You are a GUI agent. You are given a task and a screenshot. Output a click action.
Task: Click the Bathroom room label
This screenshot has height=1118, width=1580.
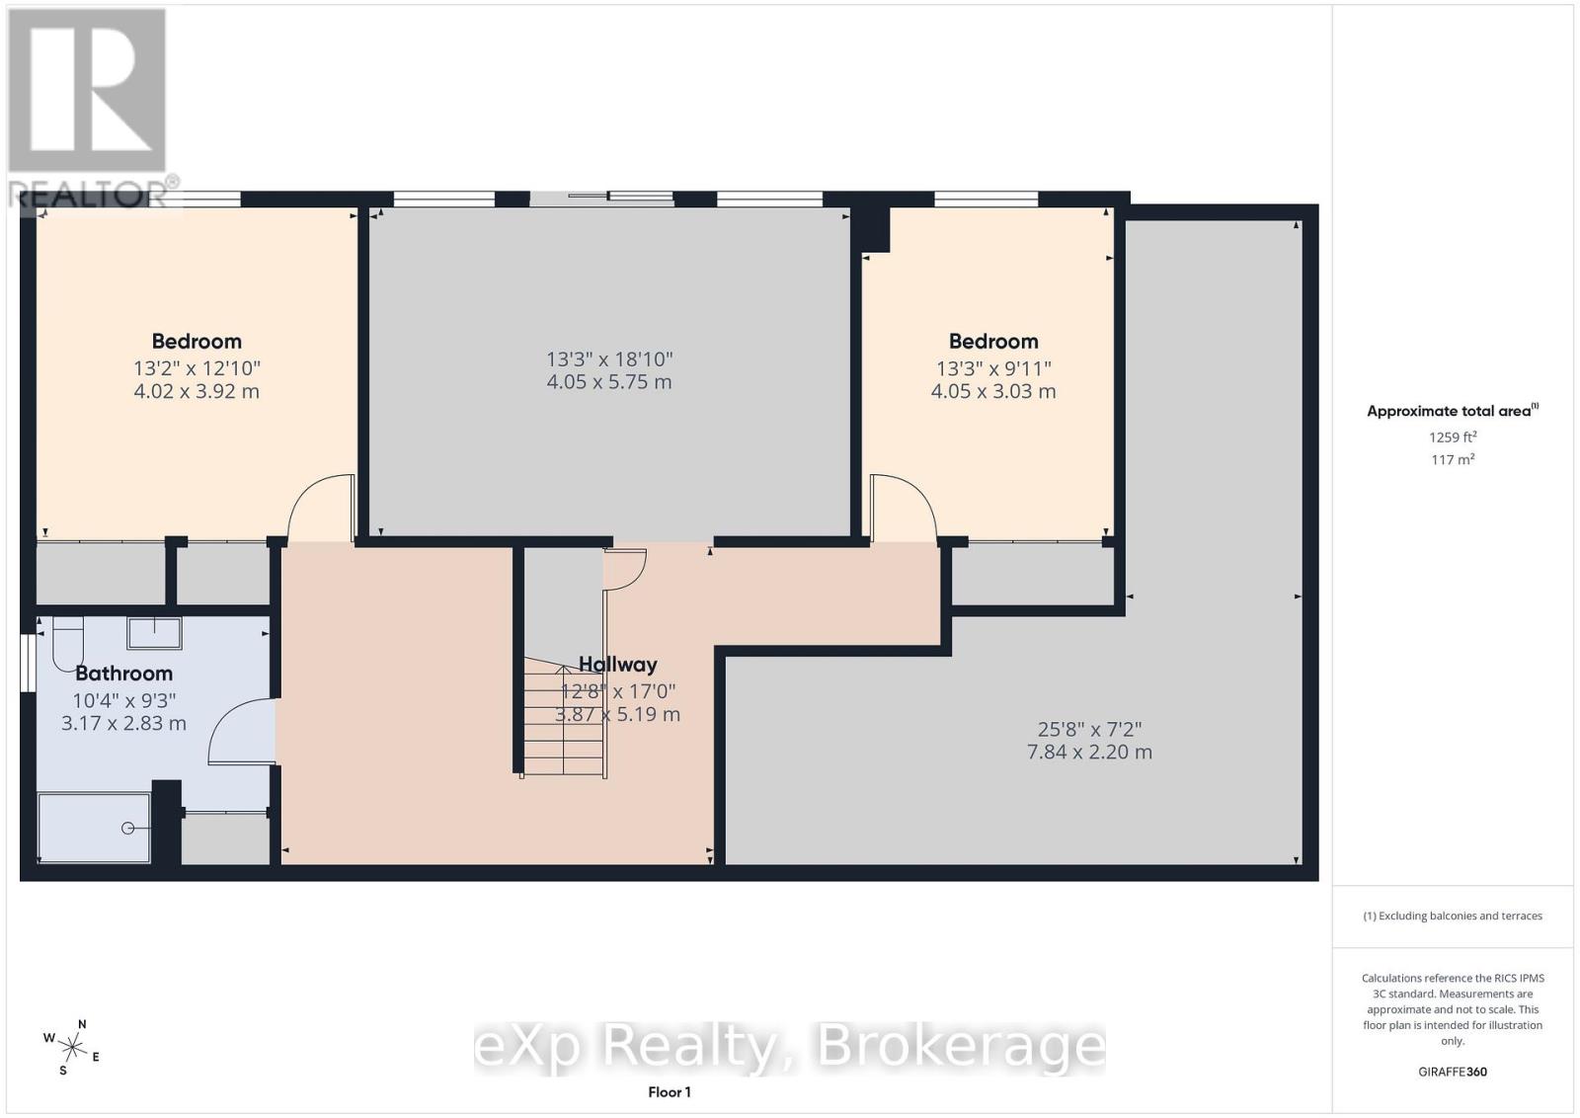click(x=124, y=674)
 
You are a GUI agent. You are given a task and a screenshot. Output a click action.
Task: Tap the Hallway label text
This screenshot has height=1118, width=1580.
click(x=618, y=665)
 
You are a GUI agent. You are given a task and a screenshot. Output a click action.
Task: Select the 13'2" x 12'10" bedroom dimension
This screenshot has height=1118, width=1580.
click(x=197, y=368)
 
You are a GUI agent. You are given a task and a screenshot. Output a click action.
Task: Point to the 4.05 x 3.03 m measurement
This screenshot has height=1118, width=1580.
click(x=993, y=391)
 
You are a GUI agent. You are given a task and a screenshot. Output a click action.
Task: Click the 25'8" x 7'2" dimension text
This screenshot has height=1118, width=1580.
click(x=1089, y=729)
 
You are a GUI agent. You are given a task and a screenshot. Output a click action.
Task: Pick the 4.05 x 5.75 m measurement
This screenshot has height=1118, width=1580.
click(x=609, y=382)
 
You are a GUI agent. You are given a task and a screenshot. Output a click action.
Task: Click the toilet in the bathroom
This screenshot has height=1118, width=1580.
click(x=68, y=643)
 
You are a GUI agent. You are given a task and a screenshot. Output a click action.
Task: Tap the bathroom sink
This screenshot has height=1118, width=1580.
click(x=154, y=633)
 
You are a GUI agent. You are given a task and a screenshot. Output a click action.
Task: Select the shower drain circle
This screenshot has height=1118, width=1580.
click(x=127, y=828)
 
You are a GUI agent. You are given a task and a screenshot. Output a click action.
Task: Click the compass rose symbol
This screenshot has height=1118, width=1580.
click(x=73, y=1048)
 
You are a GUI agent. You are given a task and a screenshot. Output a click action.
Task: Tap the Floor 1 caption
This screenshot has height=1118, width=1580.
click(x=670, y=1092)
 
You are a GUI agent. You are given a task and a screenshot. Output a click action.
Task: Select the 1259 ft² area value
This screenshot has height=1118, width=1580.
click(x=1453, y=438)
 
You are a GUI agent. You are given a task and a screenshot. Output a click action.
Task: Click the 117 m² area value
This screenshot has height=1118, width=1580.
click(x=1453, y=460)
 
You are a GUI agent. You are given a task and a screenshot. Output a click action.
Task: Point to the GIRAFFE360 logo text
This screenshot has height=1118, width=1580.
click(x=1453, y=1072)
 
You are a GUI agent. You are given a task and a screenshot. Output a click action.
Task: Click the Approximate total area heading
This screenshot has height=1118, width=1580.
click(x=1453, y=411)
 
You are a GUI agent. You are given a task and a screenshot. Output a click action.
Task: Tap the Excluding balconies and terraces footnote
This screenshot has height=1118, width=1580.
click(x=1453, y=916)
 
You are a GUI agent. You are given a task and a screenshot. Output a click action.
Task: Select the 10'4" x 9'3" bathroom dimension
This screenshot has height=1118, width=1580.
click(x=124, y=700)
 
